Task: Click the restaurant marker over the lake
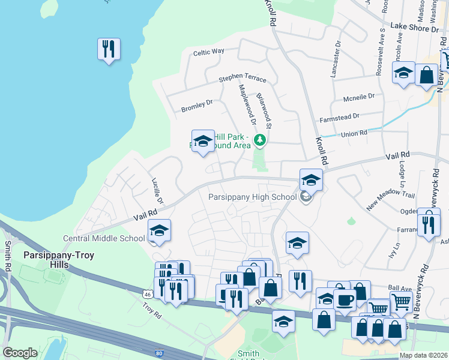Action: pos(109,49)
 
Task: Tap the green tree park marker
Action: pos(260,140)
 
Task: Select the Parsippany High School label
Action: pos(252,197)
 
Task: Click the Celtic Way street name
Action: pos(208,52)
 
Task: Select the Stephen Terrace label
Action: pos(242,79)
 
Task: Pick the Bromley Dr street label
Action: pos(197,106)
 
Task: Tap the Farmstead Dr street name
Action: pos(339,116)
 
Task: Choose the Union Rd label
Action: pos(354,133)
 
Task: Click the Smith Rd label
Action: pos(8,256)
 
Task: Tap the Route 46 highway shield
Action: pos(148,294)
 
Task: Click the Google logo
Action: pos(20,353)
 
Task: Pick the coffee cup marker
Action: pos(345,301)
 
